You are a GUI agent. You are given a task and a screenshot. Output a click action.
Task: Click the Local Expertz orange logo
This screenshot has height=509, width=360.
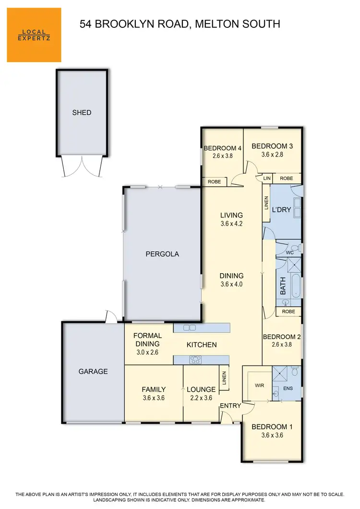point(34,35)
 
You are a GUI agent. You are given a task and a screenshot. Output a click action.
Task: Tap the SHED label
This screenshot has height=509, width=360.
point(82,113)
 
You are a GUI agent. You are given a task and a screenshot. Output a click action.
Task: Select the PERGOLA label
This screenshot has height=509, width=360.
point(162,254)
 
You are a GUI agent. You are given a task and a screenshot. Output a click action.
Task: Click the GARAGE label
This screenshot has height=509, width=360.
point(93,371)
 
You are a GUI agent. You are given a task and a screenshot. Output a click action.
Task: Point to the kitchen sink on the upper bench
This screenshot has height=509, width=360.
point(190,327)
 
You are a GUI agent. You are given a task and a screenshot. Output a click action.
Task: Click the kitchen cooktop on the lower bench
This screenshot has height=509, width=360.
point(196,359)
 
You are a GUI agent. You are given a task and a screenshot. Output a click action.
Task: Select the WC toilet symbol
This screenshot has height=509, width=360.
point(294,249)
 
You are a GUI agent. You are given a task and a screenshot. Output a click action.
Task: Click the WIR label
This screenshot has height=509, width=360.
point(259,385)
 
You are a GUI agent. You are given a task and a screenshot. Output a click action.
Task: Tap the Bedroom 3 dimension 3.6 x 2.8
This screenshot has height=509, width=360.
point(272,155)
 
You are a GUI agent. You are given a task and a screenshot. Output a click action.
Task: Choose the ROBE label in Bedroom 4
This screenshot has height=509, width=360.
point(214,182)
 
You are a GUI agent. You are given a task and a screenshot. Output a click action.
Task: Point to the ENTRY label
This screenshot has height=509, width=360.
point(230,406)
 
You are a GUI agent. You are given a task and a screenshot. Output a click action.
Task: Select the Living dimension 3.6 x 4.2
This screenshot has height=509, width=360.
point(231,223)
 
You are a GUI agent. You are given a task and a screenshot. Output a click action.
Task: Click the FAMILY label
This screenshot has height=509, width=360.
point(154,389)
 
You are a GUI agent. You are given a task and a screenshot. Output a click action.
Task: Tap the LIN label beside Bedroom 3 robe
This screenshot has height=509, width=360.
point(266,179)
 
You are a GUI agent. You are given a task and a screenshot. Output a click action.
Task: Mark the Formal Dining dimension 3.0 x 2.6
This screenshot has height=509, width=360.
point(147,352)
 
